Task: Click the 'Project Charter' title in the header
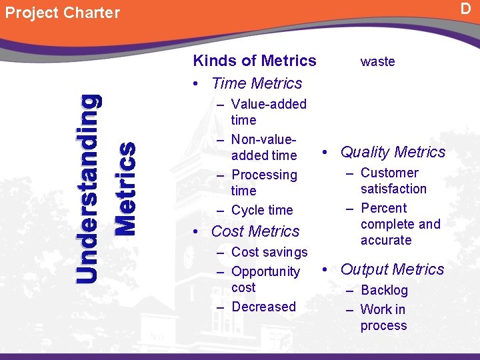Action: click(63, 13)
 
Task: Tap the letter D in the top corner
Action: click(465, 8)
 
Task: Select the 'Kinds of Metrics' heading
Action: click(255, 61)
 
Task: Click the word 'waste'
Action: click(377, 61)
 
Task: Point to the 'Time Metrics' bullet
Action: click(256, 83)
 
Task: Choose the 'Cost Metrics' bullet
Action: click(255, 231)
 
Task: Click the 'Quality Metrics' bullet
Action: click(393, 152)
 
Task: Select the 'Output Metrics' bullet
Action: click(392, 269)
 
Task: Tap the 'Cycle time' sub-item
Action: click(262, 210)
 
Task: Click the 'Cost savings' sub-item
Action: click(269, 252)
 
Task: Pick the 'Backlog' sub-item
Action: click(384, 290)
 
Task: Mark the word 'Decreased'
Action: click(263, 307)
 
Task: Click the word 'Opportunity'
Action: click(265, 271)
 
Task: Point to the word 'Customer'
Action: click(389, 173)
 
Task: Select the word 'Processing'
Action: click(264, 175)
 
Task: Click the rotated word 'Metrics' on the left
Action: click(125, 188)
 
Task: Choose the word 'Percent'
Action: click(383, 208)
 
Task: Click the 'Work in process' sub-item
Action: click(383, 317)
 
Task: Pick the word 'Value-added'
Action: click(269, 104)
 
